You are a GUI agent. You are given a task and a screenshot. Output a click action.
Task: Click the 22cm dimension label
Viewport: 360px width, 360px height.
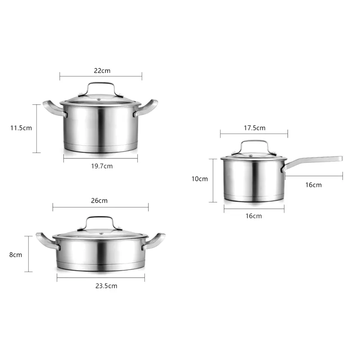pos(102,71)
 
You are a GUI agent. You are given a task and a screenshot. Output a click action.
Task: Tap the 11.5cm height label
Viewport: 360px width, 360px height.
pos(21,128)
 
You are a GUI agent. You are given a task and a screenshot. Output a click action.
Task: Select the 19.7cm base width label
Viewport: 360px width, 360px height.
pos(102,166)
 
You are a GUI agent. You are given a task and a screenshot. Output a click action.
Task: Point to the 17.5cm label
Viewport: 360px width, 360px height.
pos(254,128)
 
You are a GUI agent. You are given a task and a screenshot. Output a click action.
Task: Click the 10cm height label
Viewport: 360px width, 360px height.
pos(200,179)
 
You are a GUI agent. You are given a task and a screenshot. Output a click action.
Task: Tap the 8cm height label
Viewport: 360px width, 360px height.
pos(16,254)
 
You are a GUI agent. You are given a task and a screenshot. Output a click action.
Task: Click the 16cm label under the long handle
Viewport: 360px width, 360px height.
pos(313,184)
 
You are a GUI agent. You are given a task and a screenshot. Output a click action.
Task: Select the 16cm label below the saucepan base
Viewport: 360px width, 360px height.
pos(254,216)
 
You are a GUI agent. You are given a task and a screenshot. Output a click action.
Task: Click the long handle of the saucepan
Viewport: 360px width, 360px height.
pos(315,160)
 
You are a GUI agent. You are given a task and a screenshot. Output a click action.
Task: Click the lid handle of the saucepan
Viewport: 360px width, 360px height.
pos(254,143)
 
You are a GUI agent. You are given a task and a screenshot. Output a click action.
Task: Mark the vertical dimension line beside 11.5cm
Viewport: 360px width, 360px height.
pos(36,128)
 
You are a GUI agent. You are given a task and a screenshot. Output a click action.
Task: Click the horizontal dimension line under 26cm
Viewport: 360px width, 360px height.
pos(100,207)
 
